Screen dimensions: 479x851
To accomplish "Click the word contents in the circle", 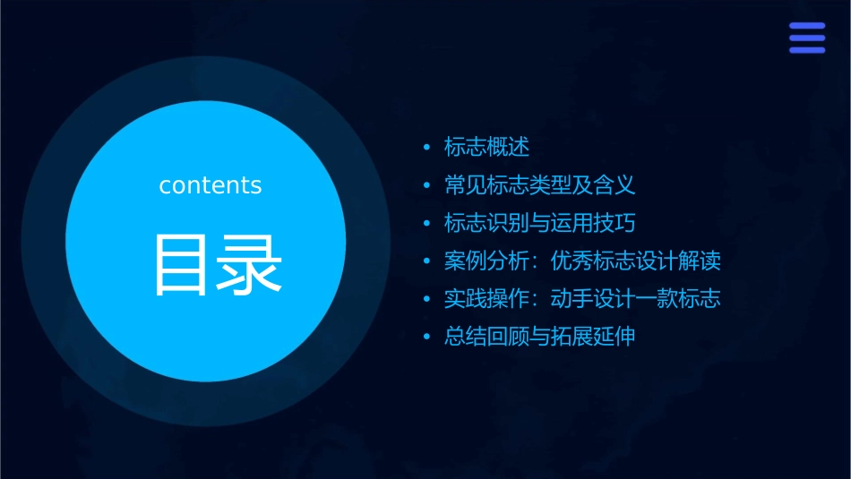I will tap(211, 185).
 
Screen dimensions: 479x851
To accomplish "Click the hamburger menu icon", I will tap(806, 38).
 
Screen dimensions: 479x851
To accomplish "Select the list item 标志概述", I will tap(487, 147).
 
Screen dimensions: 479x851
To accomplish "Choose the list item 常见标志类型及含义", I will tap(540, 185).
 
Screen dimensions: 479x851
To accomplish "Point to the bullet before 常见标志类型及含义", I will tap(427, 186).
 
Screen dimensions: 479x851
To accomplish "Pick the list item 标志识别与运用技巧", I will tap(540, 223).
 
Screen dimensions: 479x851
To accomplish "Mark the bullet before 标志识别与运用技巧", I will tap(427, 224).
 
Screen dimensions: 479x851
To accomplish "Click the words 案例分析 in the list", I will tap(487, 261).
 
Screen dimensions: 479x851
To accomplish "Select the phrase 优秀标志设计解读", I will tap(635, 261).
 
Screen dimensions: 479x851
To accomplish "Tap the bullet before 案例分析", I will tap(427, 262).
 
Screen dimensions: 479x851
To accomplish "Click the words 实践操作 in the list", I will tap(487, 299).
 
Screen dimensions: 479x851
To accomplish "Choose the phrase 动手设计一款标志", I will tap(635, 299).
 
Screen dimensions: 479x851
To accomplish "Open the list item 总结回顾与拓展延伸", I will tap(540, 338).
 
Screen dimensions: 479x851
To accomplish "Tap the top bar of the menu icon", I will tap(806, 26).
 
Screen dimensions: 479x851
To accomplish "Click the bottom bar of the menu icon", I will tap(806, 50).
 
